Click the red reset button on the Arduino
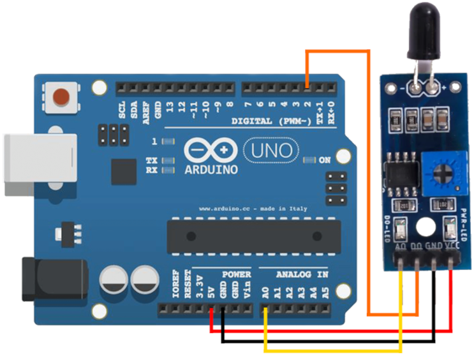[61, 97]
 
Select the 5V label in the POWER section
[211, 293]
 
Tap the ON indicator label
[325, 160]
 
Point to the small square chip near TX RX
[123, 172]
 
